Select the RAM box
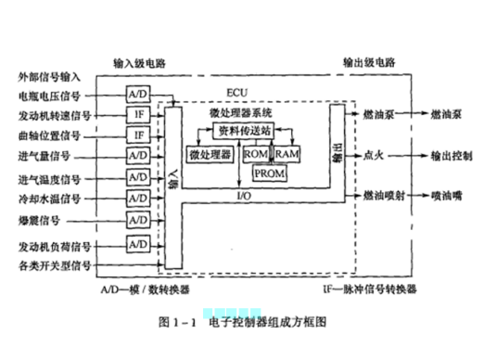pos(288,153)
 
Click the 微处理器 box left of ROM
pos(210,153)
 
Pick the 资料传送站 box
pos(243,129)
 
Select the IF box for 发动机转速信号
pos(138,115)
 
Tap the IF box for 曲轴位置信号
pos(138,135)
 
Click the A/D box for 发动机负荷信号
pos(138,243)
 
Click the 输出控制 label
pos(449,154)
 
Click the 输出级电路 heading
pos(369,63)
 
